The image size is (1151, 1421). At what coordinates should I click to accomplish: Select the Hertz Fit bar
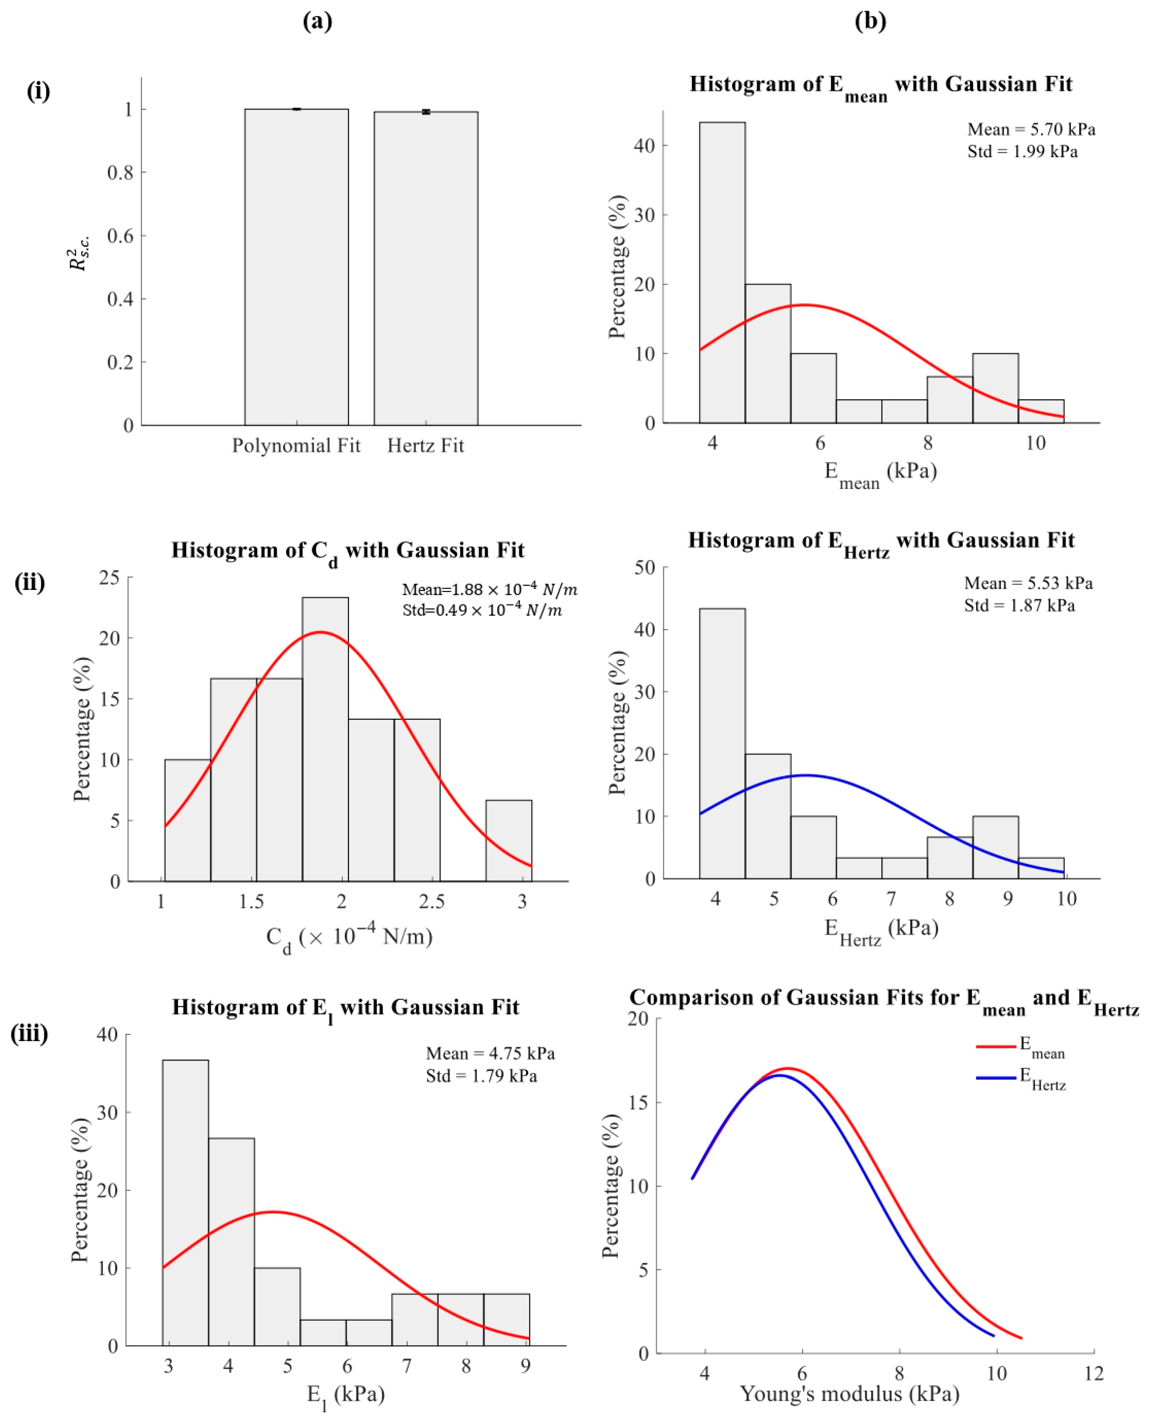pos(426,268)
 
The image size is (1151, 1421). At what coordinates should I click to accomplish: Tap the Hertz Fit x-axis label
pos(426,446)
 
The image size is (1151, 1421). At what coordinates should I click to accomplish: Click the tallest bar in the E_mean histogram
pos(722,273)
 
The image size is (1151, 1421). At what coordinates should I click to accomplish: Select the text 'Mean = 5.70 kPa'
pos(1031,129)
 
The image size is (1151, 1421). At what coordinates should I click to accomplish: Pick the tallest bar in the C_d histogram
pos(325,740)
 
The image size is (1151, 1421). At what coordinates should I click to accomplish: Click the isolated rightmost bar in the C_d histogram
pos(509,841)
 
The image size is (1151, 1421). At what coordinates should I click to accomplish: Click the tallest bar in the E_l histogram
pos(186,1203)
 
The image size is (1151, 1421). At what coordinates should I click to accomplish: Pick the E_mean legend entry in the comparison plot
pos(1021,1047)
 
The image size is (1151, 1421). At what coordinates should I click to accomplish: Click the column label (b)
pos(870,21)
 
